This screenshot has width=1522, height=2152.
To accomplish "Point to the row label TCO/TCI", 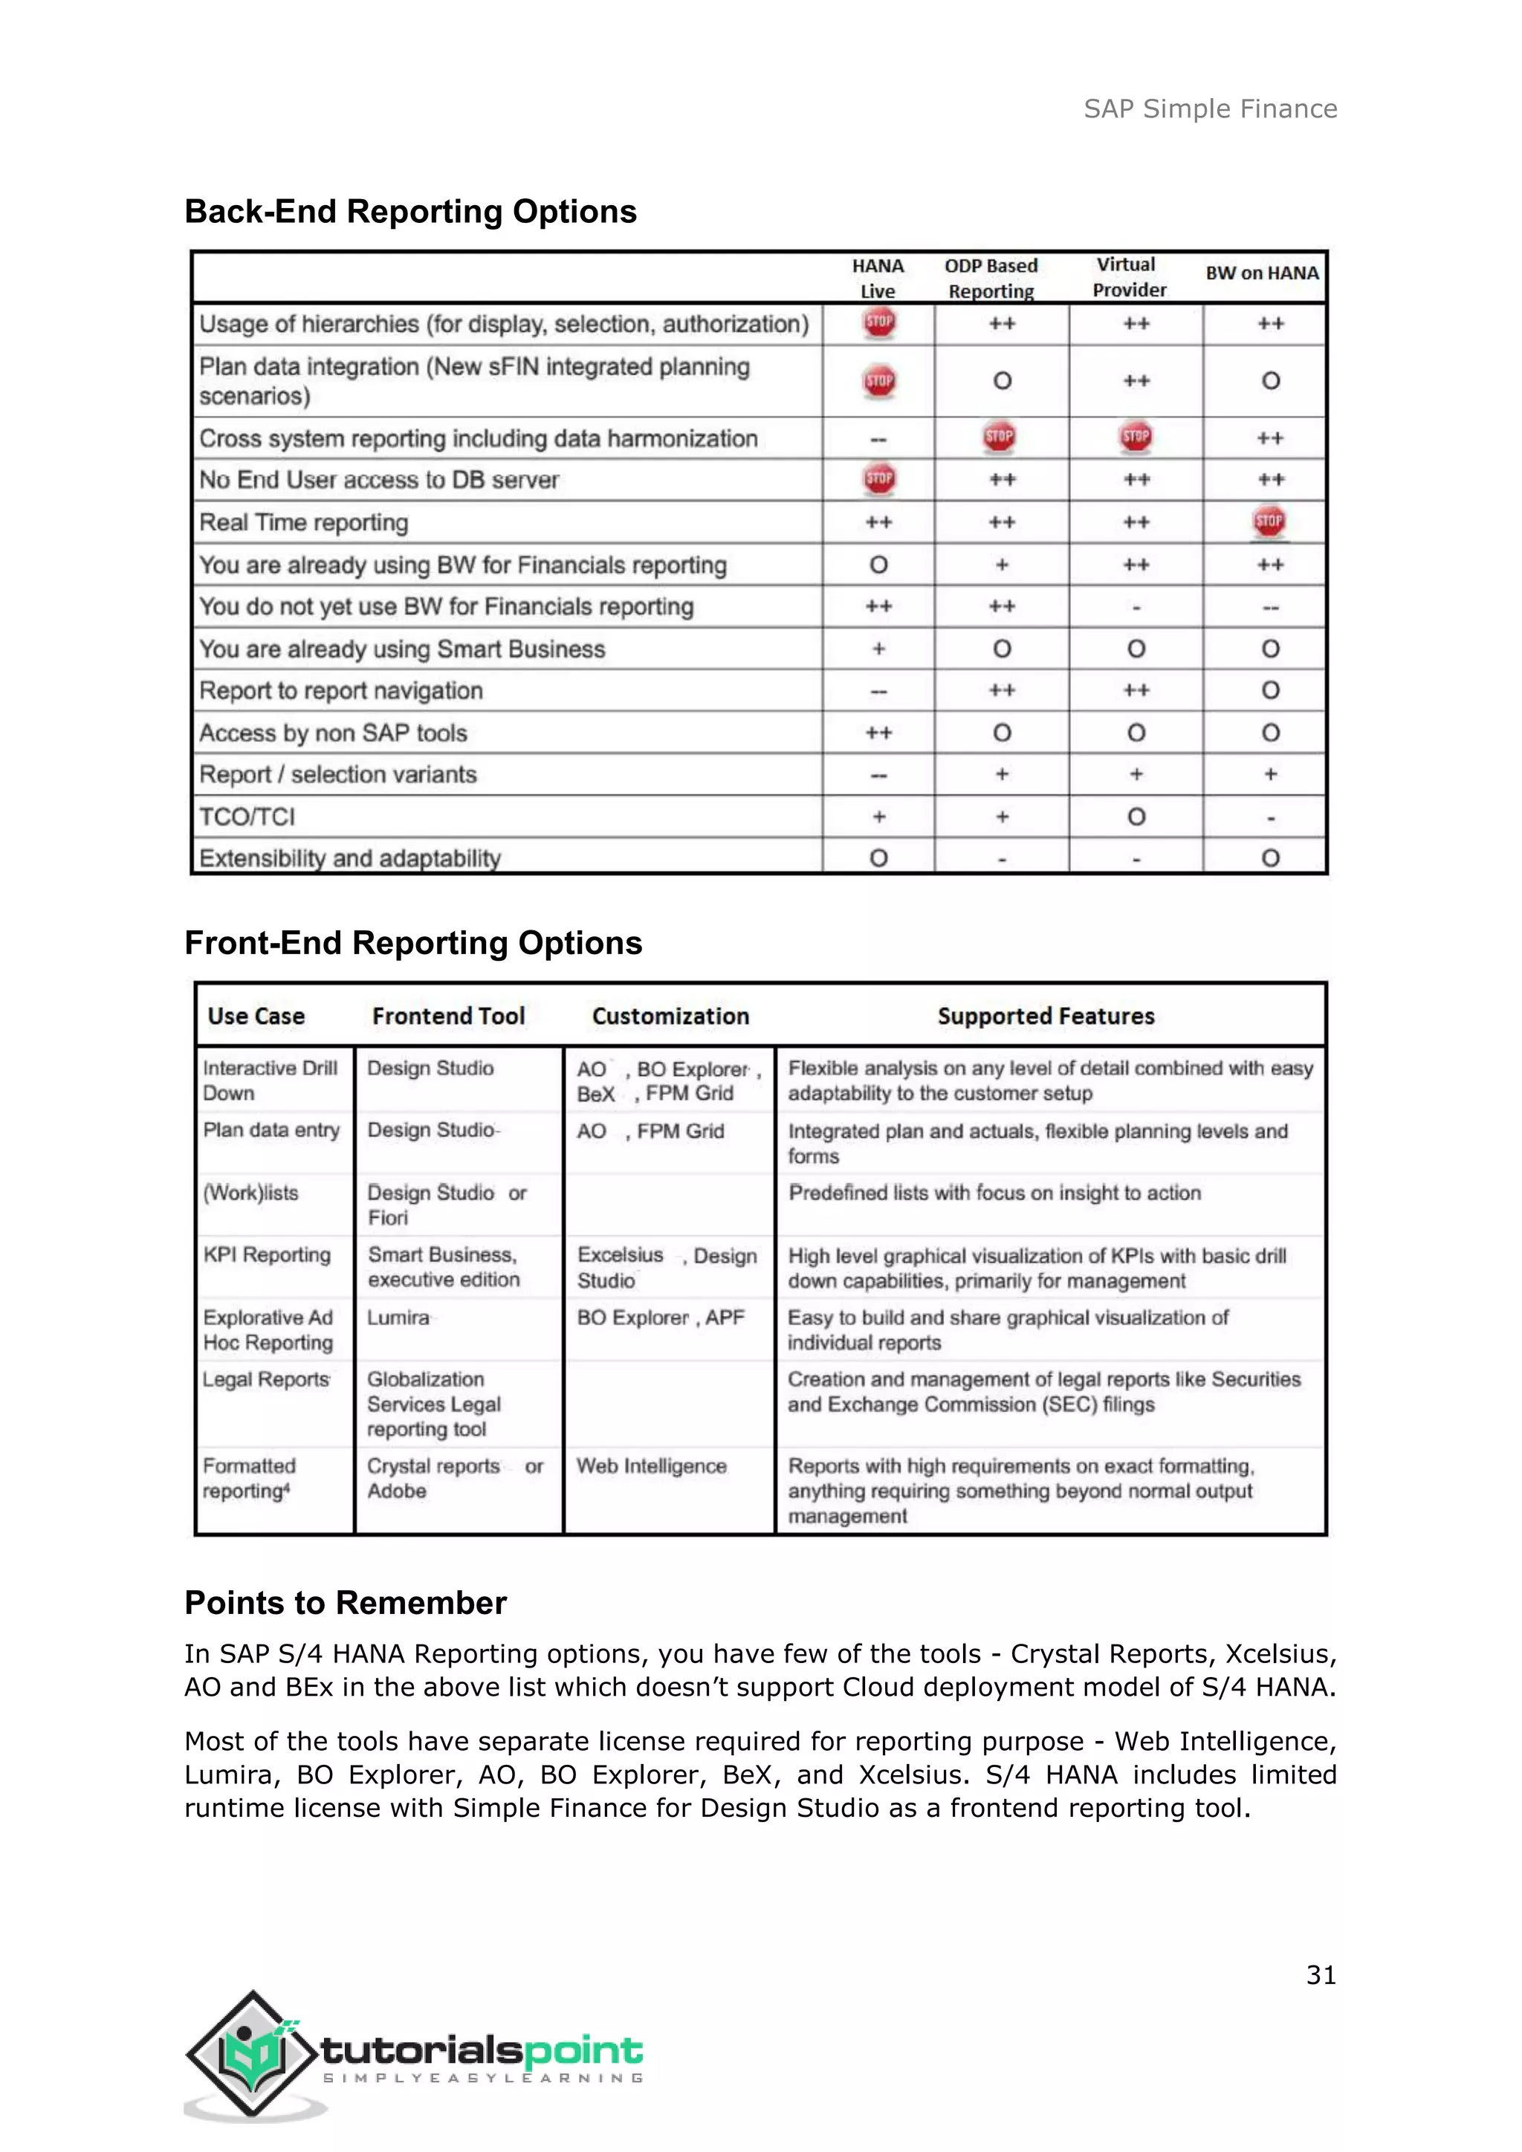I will [x=247, y=817].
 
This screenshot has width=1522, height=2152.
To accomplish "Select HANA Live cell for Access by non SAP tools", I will [x=878, y=732].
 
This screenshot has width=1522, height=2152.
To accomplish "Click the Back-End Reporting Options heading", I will [x=410, y=212].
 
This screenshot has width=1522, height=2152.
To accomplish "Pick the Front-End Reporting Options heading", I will [x=413, y=943].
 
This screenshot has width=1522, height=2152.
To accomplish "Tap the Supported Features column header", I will [x=1046, y=1016].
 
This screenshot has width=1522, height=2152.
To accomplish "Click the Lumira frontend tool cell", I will [x=398, y=1318].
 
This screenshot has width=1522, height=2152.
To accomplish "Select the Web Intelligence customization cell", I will [x=651, y=1466].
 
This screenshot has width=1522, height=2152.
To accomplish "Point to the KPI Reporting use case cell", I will [x=267, y=1255].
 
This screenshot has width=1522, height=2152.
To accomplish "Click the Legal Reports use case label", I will [x=266, y=1380].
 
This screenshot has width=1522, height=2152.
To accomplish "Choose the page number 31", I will [x=1321, y=1975].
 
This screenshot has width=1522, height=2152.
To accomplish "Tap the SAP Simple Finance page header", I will [x=1210, y=108].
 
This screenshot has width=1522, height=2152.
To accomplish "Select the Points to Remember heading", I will [x=345, y=1603].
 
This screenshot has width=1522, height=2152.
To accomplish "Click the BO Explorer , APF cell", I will [x=661, y=1318].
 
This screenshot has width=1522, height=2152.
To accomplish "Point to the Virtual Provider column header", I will [x=1130, y=277].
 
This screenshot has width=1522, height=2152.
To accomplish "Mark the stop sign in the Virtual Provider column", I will [x=1136, y=436].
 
